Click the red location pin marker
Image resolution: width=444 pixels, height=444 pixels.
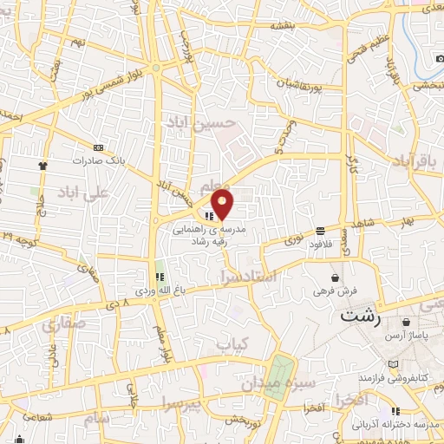(223, 205)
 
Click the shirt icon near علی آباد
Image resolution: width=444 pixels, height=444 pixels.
(41, 163)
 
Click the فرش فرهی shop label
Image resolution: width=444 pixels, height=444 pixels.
(334, 291)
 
